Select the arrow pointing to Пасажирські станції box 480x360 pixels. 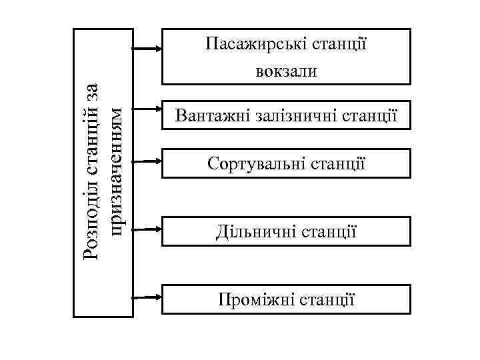[147, 49]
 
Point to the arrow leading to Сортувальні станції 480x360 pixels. [147, 161]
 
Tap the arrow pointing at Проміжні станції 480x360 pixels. [147, 297]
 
